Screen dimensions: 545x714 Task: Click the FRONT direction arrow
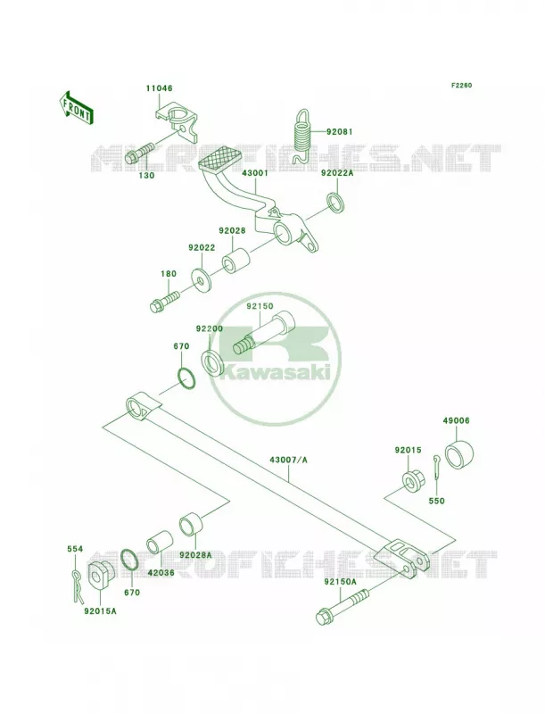click(77, 107)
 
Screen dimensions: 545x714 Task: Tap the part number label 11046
click(160, 88)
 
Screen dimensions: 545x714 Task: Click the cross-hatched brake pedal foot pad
click(221, 158)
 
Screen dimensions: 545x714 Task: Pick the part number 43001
click(255, 173)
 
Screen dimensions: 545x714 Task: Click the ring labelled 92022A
click(335, 203)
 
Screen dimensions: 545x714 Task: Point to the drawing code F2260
click(461, 85)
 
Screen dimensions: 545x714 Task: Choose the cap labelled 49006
click(459, 454)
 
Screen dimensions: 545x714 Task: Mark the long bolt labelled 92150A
click(343, 607)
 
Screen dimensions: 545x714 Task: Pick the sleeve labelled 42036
click(160, 542)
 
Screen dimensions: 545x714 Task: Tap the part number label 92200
click(210, 328)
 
